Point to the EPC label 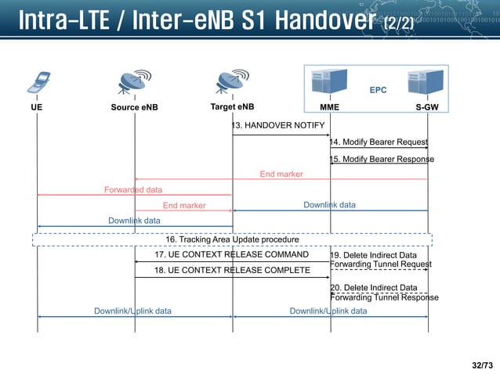coord(378,90)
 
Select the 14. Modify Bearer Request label coord(379,142)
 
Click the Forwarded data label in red coord(133,189)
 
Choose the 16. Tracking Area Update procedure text coord(232,239)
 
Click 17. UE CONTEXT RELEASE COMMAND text coord(231,254)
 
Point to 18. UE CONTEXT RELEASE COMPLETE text coord(231,270)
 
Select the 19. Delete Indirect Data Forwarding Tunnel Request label coord(380,260)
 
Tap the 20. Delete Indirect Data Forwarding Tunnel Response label coord(383,292)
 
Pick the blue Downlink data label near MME coord(329,205)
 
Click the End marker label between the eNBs coord(184,206)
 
